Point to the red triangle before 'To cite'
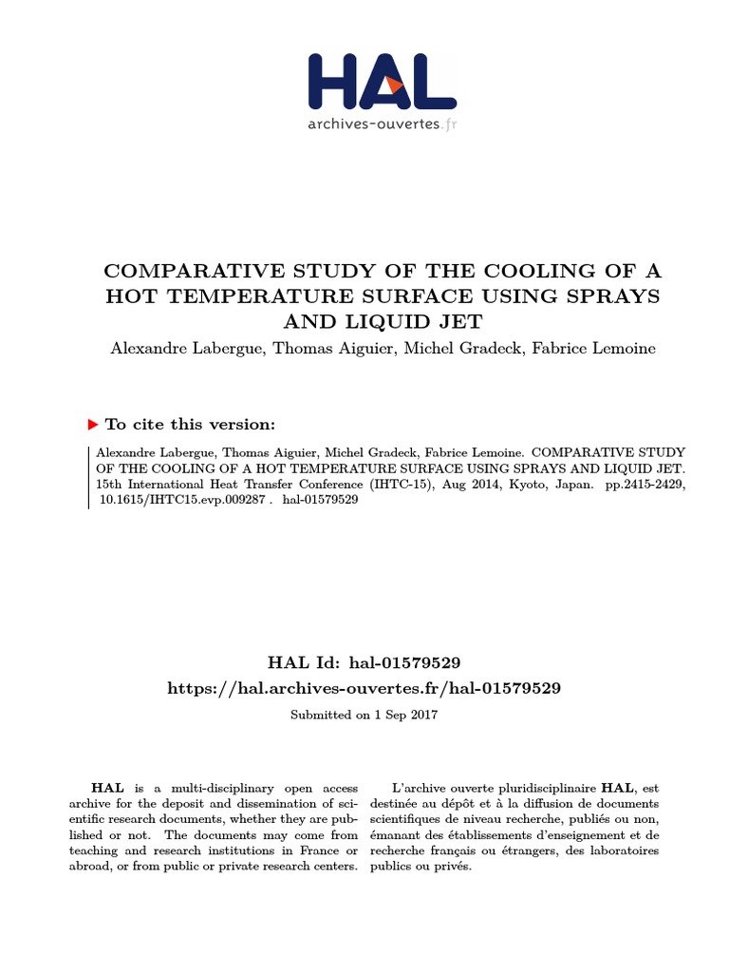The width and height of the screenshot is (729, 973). coord(93,425)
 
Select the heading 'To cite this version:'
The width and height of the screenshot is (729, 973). coord(190,425)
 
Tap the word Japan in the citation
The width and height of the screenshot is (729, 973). coord(571,484)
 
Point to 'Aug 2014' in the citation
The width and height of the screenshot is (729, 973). coord(471,484)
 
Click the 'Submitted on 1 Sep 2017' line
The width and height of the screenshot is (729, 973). coord(364,715)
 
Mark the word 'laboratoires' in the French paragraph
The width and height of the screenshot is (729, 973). coord(623,850)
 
